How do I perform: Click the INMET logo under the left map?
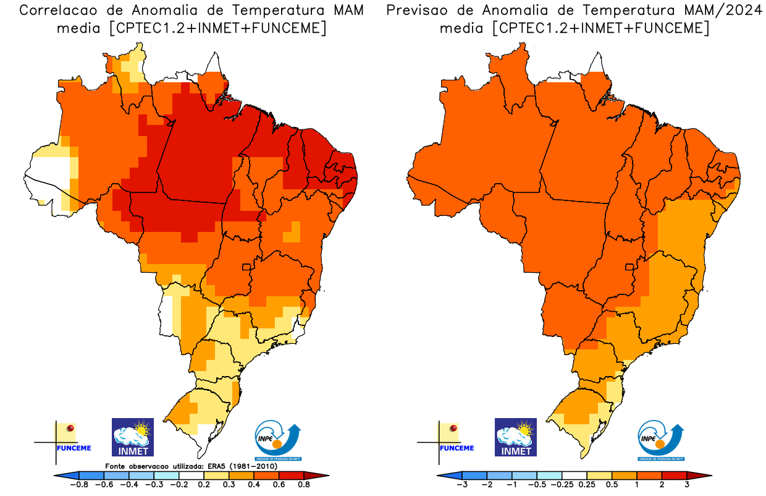[x=132, y=437]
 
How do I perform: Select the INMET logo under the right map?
[x=516, y=437]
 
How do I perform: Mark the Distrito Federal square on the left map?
[x=246, y=267]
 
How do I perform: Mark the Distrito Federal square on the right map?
[x=630, y=267]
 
